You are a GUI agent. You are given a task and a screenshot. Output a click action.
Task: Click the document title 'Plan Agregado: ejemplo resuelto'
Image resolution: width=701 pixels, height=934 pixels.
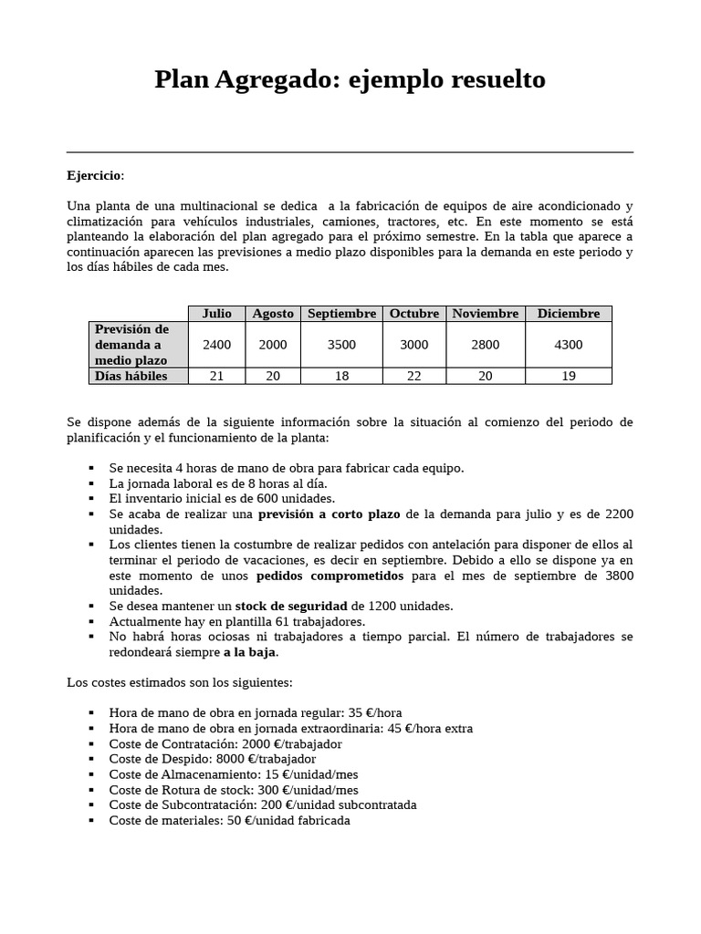(x=350, y=80)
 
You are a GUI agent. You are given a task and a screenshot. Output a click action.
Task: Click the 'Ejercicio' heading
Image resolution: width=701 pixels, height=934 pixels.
(x=94, y=175)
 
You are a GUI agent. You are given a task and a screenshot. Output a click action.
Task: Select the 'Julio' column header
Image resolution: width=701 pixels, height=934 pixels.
(x=217, y=313)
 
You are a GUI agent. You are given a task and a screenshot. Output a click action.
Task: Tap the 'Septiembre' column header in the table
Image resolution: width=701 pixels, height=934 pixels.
(x=341, y=313)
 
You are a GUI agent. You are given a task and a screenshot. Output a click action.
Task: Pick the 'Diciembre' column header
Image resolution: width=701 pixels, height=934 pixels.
(x=568, y=313)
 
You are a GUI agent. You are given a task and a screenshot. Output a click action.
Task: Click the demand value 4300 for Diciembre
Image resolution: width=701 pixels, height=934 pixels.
(x=568, y=344)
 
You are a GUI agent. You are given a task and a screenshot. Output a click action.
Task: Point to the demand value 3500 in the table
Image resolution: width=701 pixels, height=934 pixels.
(x=341, y=344)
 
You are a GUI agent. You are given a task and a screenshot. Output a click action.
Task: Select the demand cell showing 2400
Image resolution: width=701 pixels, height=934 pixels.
(x=217, y=344)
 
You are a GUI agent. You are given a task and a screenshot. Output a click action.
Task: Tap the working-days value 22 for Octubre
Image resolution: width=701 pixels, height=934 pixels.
(x=414, y=376)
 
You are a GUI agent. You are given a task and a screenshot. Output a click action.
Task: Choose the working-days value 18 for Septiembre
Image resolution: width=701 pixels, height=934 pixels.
(x=341, y=376)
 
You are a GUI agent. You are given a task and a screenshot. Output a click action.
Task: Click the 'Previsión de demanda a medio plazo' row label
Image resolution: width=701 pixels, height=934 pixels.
(x=132, y=344)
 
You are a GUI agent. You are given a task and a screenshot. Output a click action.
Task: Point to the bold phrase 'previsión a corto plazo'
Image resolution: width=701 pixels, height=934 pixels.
(x=330, y=514)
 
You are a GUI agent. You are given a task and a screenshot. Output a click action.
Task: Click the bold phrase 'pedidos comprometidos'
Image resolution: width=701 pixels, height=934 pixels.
(x=330, y=576)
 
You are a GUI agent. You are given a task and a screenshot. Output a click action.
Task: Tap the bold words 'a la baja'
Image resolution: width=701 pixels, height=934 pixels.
(x=249, y=652)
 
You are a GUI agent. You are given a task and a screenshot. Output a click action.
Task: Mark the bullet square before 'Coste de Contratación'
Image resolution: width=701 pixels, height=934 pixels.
(x=92, y=743)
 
